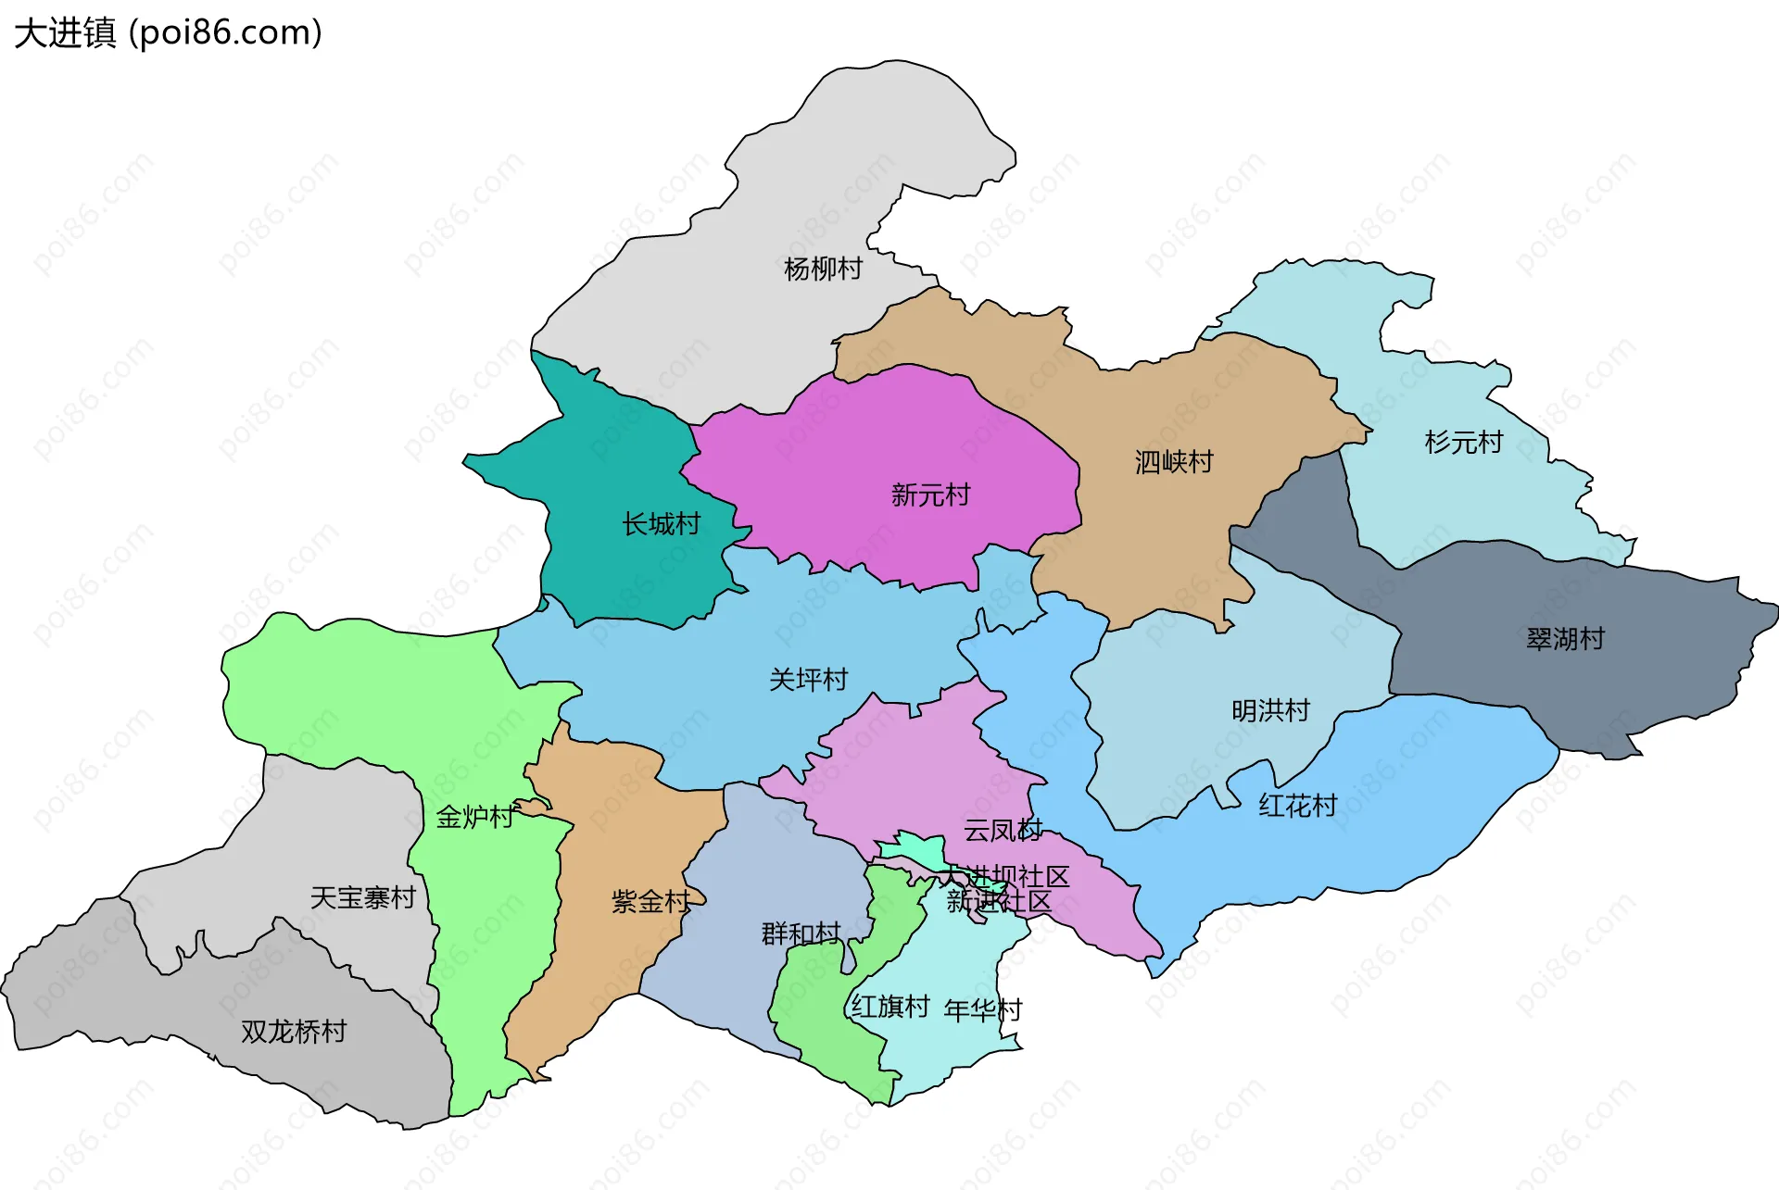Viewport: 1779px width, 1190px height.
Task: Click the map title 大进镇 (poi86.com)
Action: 168,33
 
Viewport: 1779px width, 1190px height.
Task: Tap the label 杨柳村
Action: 823,269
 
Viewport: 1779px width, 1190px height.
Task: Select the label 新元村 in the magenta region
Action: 930,495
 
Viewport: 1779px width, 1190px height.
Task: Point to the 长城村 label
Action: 661,524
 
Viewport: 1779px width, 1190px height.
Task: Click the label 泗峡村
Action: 1174,462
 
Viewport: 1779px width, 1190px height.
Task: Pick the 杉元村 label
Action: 1463,443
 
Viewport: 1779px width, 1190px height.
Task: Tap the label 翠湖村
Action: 1565,639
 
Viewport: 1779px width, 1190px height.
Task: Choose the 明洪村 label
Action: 1270,711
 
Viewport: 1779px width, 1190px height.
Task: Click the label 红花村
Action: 1297,806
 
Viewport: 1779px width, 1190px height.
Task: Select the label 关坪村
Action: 808,680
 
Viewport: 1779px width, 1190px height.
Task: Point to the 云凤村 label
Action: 1003,831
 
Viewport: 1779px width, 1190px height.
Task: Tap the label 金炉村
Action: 474,817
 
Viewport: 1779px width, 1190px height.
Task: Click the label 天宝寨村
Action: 362,897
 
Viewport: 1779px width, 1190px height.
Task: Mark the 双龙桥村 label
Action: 294,1032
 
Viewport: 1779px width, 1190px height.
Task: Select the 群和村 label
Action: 801,933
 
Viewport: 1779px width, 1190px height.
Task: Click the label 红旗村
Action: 889,1007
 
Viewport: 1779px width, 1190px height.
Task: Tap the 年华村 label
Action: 982,1009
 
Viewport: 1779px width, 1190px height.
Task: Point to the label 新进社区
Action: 999,901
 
